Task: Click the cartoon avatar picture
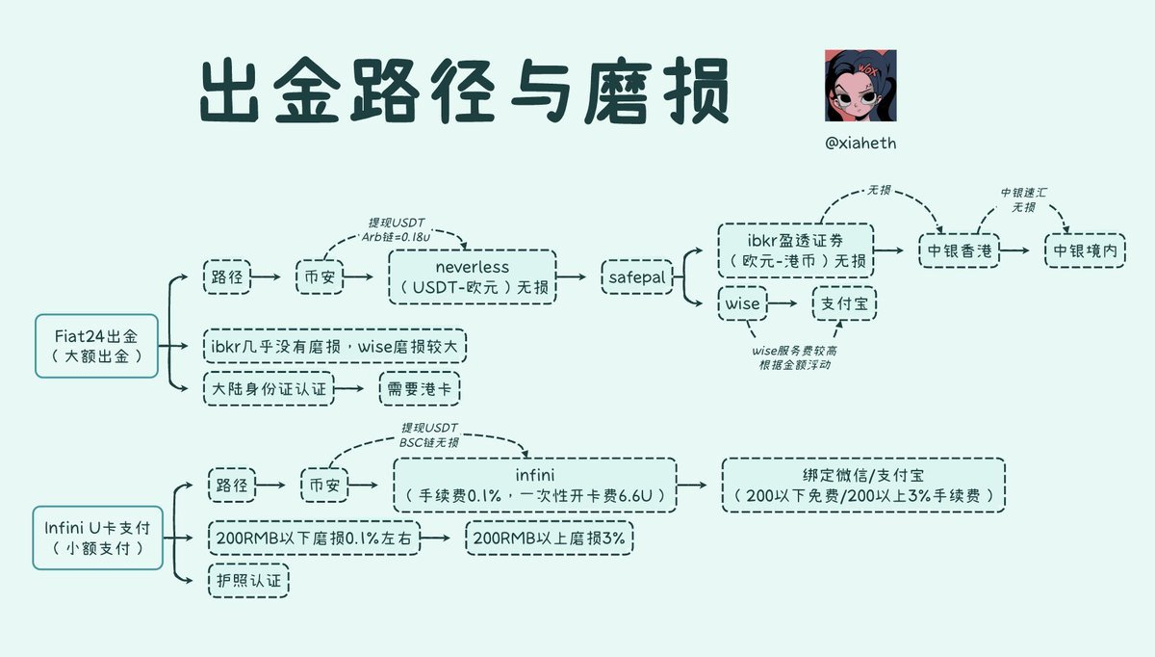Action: (860, 86)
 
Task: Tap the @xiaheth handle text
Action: (860, 143)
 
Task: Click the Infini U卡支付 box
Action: (96, 538)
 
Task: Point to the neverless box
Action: (473, 277)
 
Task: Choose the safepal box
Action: (635, 277)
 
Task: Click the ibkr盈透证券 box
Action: (795, 250)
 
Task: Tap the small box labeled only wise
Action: (742, 303)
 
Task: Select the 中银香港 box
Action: (959, 250)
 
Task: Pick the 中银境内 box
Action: (1085, 250)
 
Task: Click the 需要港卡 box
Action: (419, 388)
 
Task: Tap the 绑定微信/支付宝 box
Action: (864, 485)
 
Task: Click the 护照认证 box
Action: (247, 580)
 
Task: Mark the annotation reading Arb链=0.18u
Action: (396, 236)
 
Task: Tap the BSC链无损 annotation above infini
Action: (429, 441)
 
